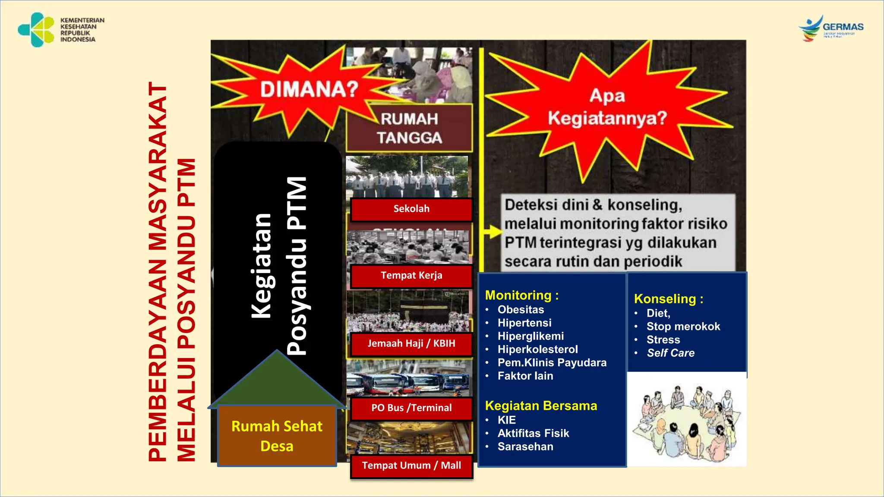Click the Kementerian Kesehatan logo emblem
pyautogui.click(x=36, y=29)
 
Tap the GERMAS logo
pyautogui.click(x=831, y=28)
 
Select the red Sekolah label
pyautogui.click(x=411, y=209)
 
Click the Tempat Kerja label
pyautogui.click(x=411, y=276)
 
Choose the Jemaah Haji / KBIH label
pyautogui.click(x=411, y=344)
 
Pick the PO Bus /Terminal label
pyautogui.click(x=411, y=408)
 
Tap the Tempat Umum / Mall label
pyautogui.click(x=411, y=466)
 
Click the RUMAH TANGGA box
pyautogui.click(x=409, y=129)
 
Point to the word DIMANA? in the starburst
pyautogui.click(x=309, y=89)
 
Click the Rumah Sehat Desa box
pyautogui.click(x=277, y=436)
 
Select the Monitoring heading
pyautogui.click(x=521, y=296)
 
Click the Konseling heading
pyautogui.click(x=668, y=299)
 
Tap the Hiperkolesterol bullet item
pyautogui.click(x=537, y=349)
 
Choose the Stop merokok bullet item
pyautogui.click(x=683, y=327)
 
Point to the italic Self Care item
pyautogui.click(x=670, y=353)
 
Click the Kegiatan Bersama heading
pyautogui.click(x=541, y=406)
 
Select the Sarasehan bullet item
pyautogui.click(x=525, y=447)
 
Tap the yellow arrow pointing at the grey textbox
pyautogui.click(x=493, y=232)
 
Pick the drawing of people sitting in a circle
pyautogui.click(x=686, y=421)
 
